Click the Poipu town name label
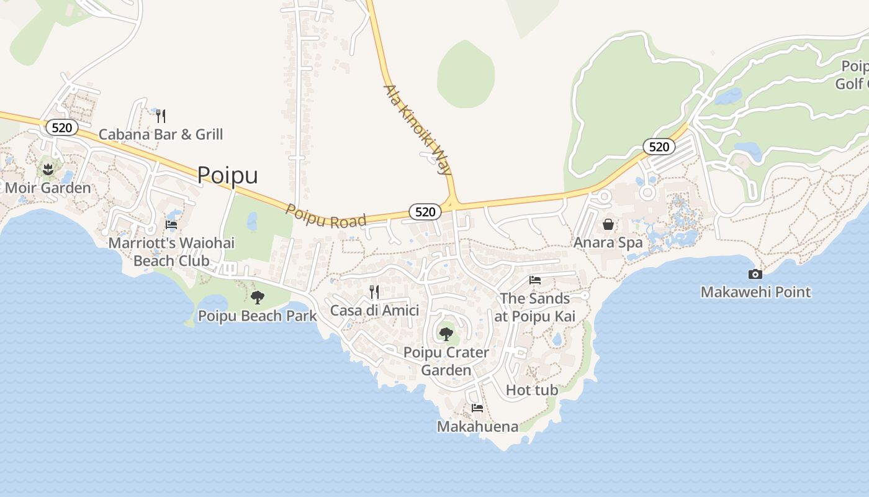(x=227, y=175)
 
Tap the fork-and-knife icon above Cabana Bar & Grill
(x=161, y=116)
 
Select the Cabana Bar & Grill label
(x=161, y=134)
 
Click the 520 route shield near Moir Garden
(x=62, y=128)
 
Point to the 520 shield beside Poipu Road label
(x=425, y=212)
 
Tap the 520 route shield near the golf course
(x=659, y=147)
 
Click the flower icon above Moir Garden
(x=48, y=168)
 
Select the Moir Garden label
(x=48, y=188)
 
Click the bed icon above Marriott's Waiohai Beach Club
(x=171, y=224)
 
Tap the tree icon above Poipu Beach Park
(x=257, y=298)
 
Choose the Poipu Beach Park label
(x=257, y=316)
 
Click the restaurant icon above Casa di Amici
(x=374, y=291)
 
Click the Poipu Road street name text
(x=325, y=216)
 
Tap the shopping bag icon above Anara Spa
(x=608, y=224)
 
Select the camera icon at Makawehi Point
(x=755, y=274)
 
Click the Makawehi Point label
(x=755, y=292)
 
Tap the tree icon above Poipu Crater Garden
(x=446, y=334)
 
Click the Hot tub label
(x=532, y=390)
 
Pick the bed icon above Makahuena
(x=477, y=408)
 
